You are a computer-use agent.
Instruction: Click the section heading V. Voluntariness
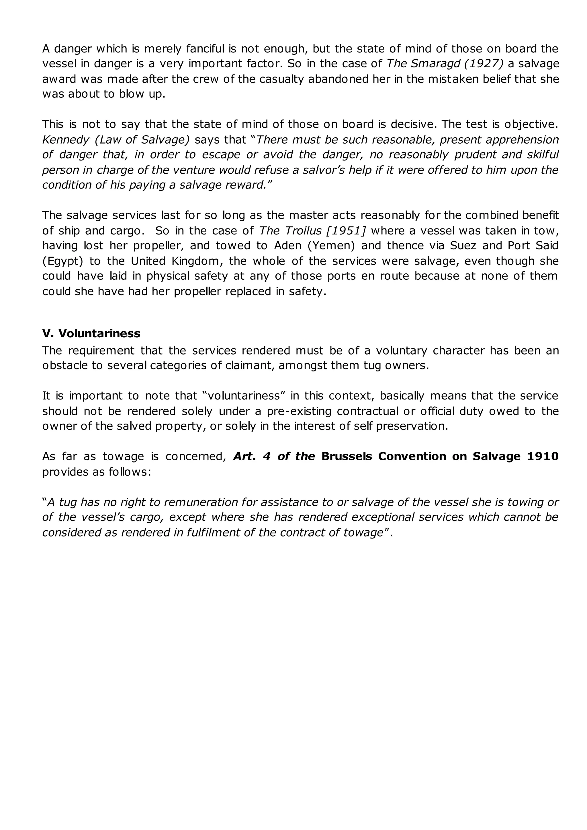point(91,333)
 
